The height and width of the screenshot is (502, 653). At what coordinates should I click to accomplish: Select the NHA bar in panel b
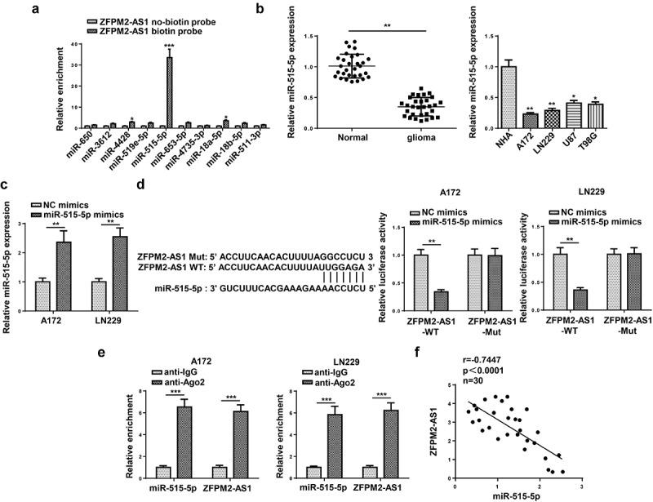487,97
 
